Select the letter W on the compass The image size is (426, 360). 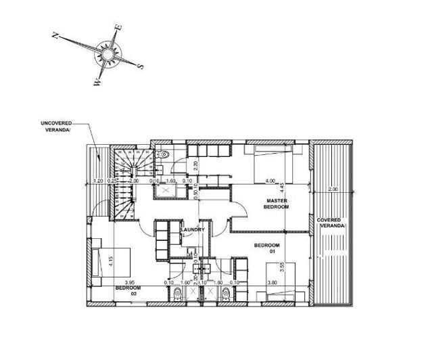point(97,83)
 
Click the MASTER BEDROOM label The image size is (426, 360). point(277,204)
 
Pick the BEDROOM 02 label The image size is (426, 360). point(127,290)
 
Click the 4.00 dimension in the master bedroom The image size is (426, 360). point(271,181)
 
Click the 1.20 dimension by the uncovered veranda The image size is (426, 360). point(97,181)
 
